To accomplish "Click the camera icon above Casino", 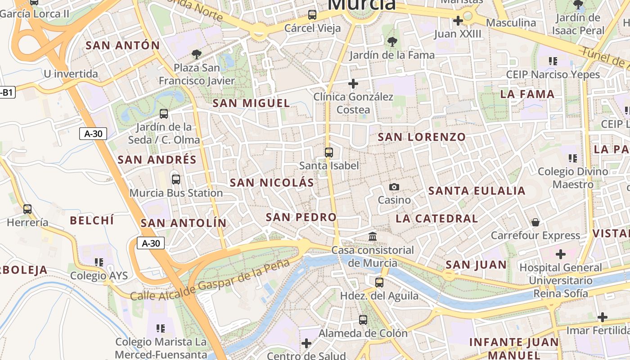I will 394,187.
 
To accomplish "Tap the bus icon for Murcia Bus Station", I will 176,180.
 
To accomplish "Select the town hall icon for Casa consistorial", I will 373,236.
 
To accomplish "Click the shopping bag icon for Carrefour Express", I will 535,222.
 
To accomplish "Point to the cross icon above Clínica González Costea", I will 353,84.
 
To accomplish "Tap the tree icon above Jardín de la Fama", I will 392,42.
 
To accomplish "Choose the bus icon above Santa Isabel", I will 329,153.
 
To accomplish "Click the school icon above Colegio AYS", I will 99,262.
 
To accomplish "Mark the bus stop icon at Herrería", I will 27,209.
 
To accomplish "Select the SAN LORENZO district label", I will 422,137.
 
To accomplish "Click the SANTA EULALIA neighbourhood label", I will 477,191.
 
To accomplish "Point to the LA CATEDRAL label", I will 436,219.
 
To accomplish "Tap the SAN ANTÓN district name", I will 123,45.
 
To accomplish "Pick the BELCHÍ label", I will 92,220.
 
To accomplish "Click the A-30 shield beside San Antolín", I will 151,243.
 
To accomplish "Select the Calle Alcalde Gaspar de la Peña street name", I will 210,280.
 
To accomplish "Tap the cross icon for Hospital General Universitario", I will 560,254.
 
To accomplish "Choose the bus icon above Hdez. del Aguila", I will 379,283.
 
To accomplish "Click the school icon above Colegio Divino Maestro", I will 572,158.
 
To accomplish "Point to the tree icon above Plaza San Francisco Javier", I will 196,54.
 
